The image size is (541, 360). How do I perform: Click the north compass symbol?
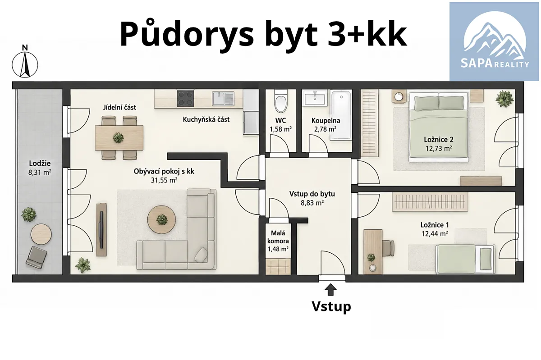coord(25,62)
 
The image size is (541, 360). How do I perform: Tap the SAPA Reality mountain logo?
coord(495,41)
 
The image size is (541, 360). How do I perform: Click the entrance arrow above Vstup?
coord(330,290)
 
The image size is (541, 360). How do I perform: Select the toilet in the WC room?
coord(281,101)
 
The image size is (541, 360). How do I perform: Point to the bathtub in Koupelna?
coord(341,115)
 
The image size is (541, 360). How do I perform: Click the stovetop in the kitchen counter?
coord(185,98)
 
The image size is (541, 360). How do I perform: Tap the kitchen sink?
coord(223,99)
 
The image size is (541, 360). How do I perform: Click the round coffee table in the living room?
coord(161,219)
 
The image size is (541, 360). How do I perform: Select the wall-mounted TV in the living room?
coord(102,229)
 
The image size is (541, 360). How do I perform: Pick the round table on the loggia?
coord(41,234)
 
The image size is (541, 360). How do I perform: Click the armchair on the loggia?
coord(37,257)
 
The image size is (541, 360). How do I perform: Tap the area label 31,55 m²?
coord(164,180)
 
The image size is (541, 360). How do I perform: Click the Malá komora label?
coord(278,237)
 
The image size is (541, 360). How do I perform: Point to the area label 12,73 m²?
coord(439,148)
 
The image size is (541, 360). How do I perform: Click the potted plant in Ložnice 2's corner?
coord(504,99)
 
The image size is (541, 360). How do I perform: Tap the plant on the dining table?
coord(118,138)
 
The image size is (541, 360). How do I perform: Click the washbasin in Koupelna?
coord(315,99)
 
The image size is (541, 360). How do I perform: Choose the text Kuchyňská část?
coord(206,119)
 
